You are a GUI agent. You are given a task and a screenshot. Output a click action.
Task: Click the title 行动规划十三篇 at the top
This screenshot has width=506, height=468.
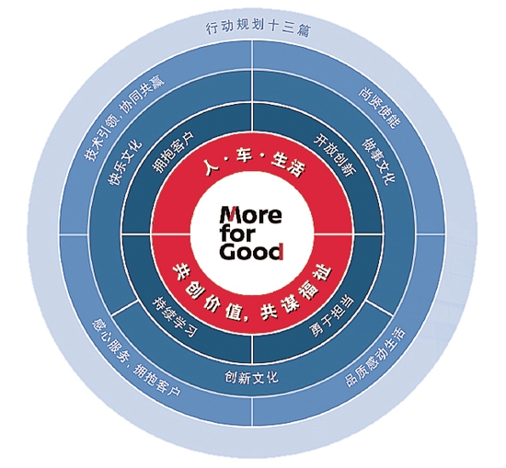tap(258, 29)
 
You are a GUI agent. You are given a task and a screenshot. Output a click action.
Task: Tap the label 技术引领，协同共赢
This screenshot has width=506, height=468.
tap(124, 119)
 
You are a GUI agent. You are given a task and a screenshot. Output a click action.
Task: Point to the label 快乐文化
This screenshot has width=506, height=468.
tap(125, 162)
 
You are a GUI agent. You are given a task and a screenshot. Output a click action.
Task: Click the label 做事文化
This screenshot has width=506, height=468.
tap(378, 161)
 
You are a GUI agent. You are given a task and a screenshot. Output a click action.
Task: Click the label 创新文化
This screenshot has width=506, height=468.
tap(251, 377)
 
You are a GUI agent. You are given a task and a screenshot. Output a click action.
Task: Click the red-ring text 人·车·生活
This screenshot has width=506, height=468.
tap(255, 164)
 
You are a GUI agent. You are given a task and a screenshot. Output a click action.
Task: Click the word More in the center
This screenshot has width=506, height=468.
tap(250, 214)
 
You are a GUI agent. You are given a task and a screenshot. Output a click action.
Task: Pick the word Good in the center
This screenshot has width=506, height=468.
tap(252, 252)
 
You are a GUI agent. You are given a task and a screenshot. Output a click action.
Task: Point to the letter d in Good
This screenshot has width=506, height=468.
tap(277, 251)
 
